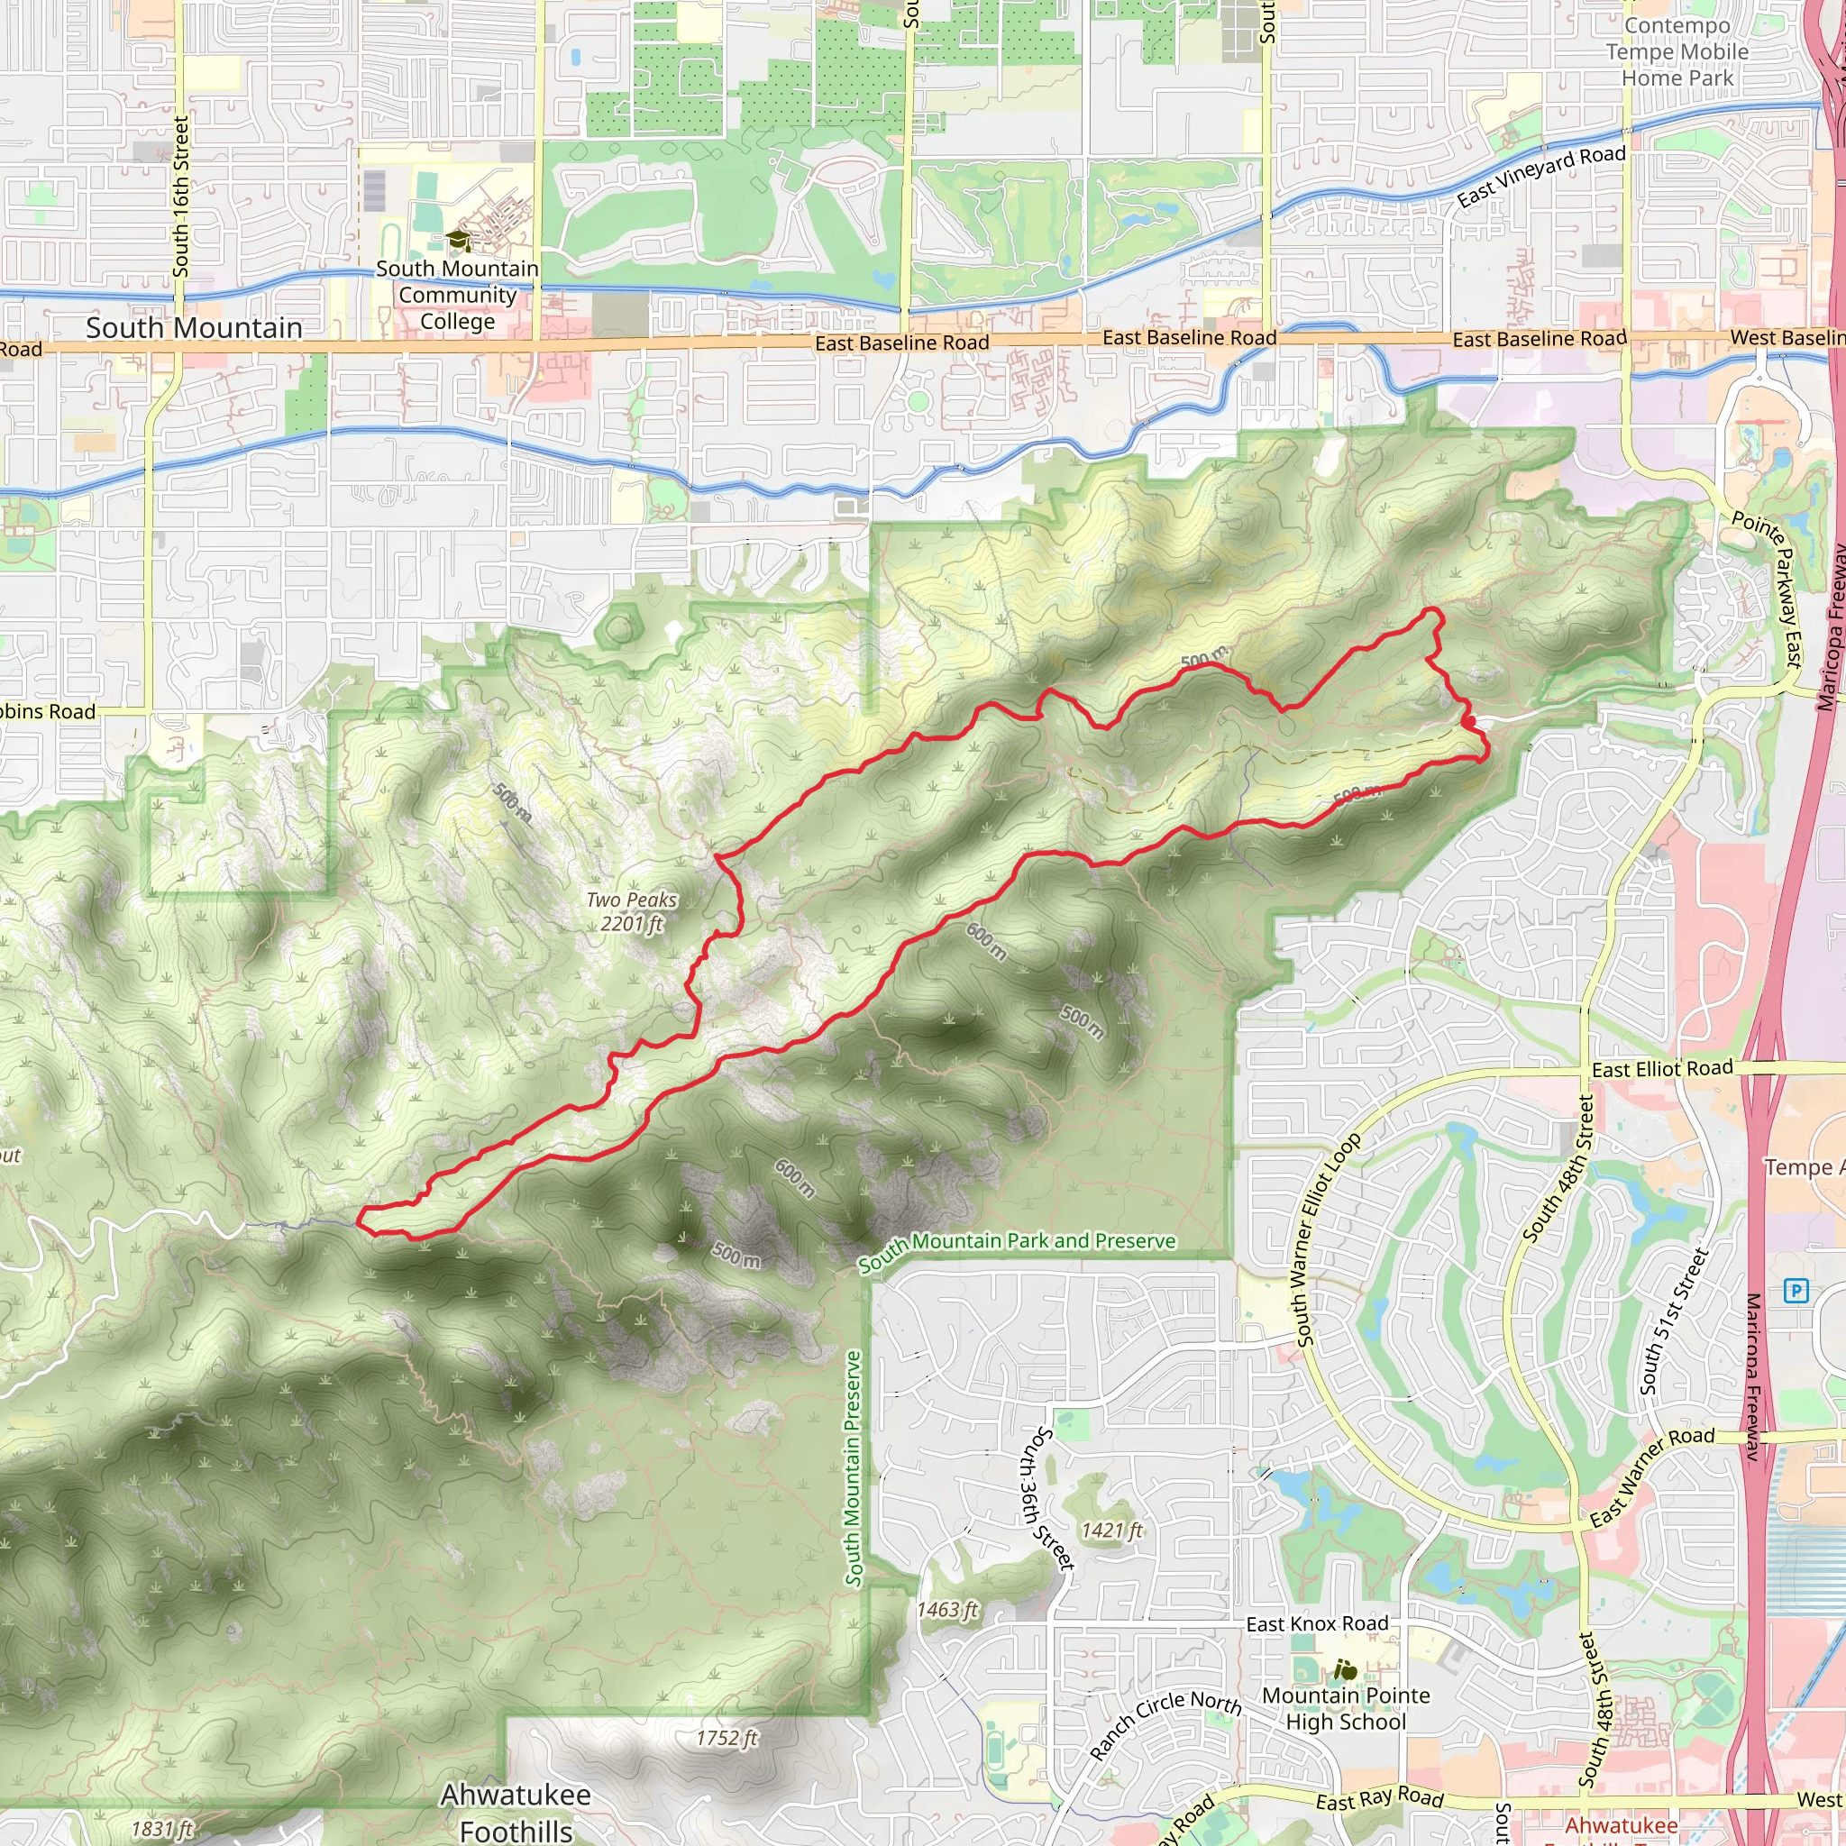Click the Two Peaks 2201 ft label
(x=632, y=911)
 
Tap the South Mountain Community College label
(x=457, y=296)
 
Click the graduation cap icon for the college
(x=458, y=239)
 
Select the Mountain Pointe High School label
(x=1347, y=1708)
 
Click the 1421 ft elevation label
(x=1112, y=1531)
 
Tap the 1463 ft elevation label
(x=948, y=1610)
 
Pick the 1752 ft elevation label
(x=727, y=1738)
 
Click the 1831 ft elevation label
(x=162, y=1829)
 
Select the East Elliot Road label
(x=1661, y=1069)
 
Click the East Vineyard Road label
(x=1540, y=176)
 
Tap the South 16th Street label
(x=180, y=196)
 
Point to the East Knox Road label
(x=1317, y=1624)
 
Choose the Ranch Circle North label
(x=1165, y=1723)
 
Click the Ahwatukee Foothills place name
(x=516, y=1813)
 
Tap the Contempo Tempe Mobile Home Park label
(x=1677, y=51)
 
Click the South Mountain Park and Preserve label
(x=1017, y=1251)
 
